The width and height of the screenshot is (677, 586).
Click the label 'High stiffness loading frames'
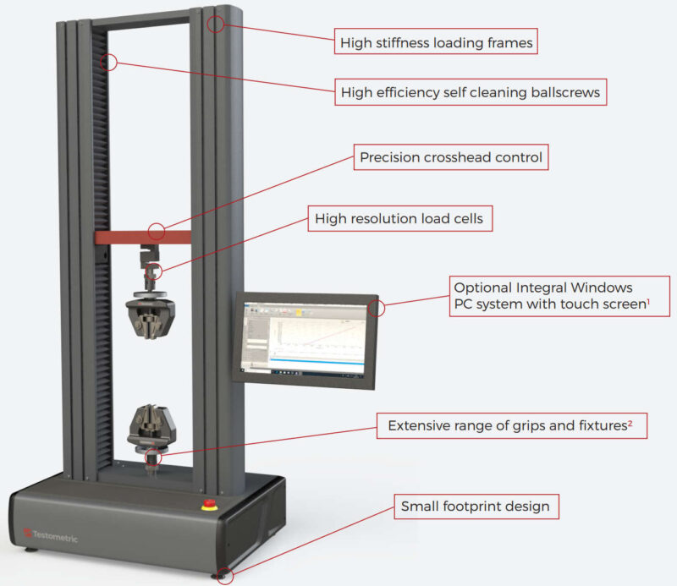pos(436,41)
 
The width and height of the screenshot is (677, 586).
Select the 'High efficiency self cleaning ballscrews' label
pos(471,91)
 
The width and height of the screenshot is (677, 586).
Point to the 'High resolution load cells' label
pos(399,219)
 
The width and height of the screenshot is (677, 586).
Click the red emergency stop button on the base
pos(209,506)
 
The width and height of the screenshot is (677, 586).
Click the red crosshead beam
pos(127,235)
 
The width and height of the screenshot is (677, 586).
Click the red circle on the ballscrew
pos(107,61)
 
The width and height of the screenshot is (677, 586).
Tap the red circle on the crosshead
pos(156,232)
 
